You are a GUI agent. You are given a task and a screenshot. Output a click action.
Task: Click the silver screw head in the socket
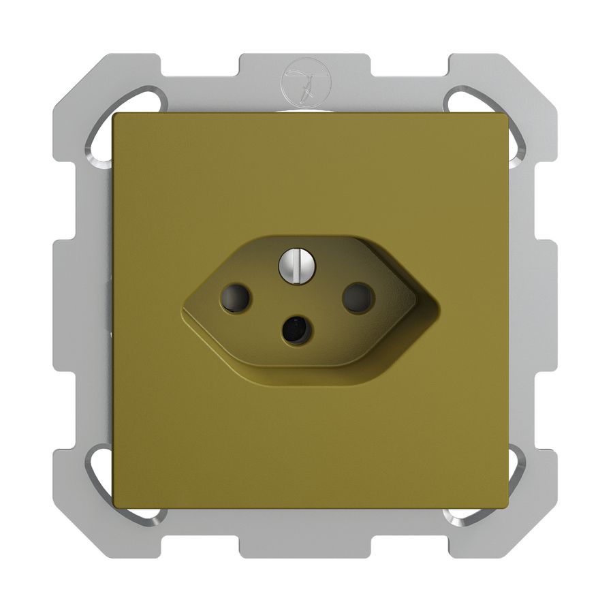click(x=296, y=264)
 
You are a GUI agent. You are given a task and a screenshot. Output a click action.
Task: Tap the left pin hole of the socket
click(x=235, y=298)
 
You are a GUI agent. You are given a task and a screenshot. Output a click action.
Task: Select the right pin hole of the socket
click(x=358, y=297)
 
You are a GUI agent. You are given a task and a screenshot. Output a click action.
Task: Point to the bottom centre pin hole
click(x=296, y=330)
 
